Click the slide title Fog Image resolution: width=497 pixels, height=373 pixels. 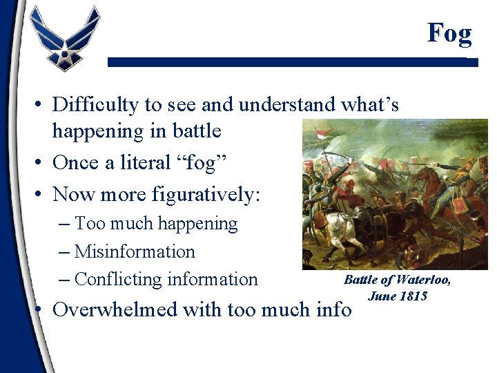click(449, 32)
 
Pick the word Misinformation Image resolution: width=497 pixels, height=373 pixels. click(135, 251)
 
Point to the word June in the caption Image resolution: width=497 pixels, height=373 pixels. click(382, 296)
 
